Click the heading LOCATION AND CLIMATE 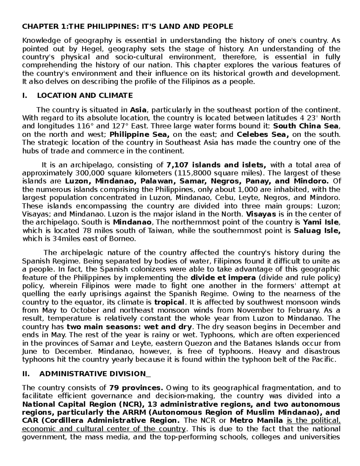click(x=85, y=96)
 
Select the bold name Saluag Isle click(x=317, y=231)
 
